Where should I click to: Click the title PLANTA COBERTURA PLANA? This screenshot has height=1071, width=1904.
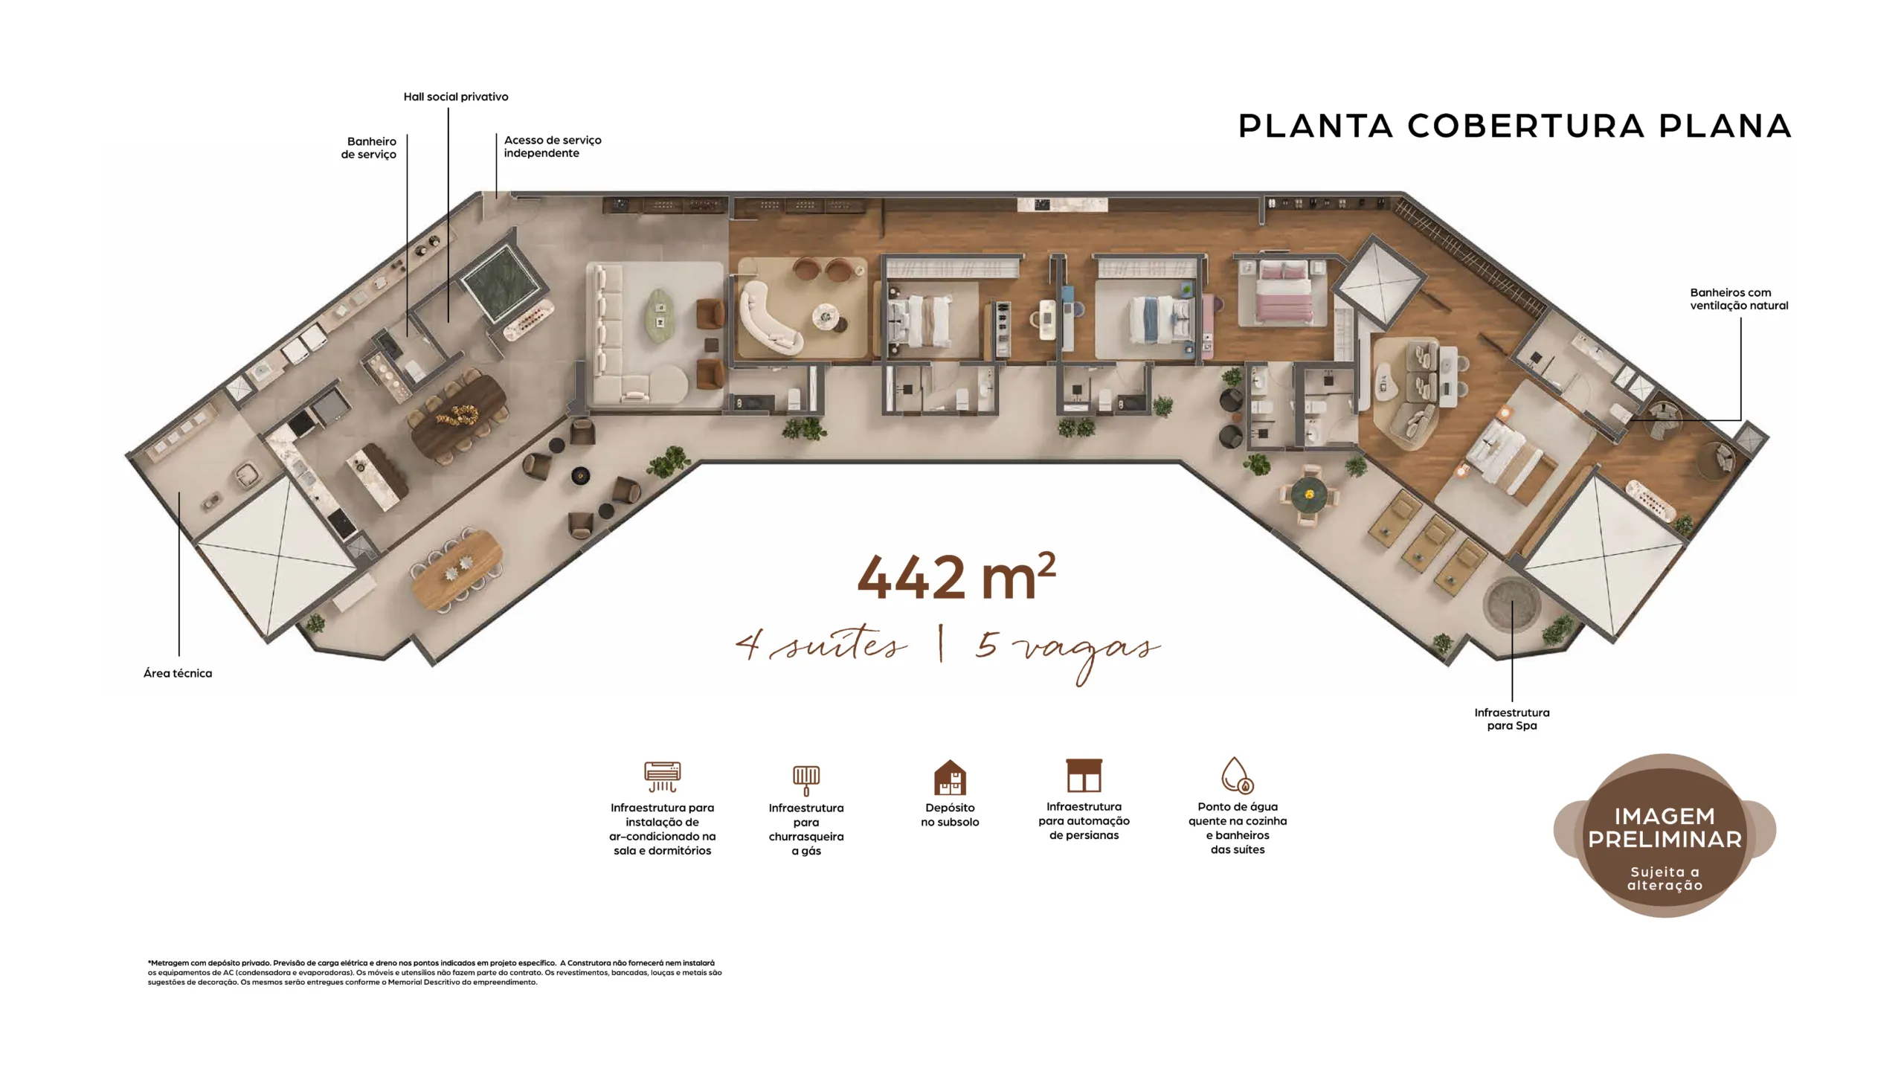(x=1514, y=126)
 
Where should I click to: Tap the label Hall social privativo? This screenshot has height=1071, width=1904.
(x=456, y=97)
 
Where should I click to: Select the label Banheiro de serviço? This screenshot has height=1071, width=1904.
(x=369, y=147)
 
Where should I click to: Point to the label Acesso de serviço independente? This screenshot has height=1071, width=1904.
(x=553, y=147)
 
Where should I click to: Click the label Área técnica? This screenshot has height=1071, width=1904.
(x=178, y=673)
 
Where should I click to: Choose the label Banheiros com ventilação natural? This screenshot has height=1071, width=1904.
(x=1739, y=299)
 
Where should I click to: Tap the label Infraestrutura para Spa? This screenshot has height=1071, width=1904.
(x=1512, y=718)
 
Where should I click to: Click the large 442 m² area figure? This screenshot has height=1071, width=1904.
(x=956, y=576)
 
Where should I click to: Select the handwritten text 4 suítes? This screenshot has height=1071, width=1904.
(x=821, y=644)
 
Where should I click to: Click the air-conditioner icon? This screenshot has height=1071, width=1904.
(x=662, y=776)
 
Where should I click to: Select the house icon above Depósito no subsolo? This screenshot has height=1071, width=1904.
(x=950, y=777)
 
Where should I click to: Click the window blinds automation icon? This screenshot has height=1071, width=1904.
(x=1084, y=775)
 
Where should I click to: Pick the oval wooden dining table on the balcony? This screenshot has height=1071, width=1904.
(x=456, y=569)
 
